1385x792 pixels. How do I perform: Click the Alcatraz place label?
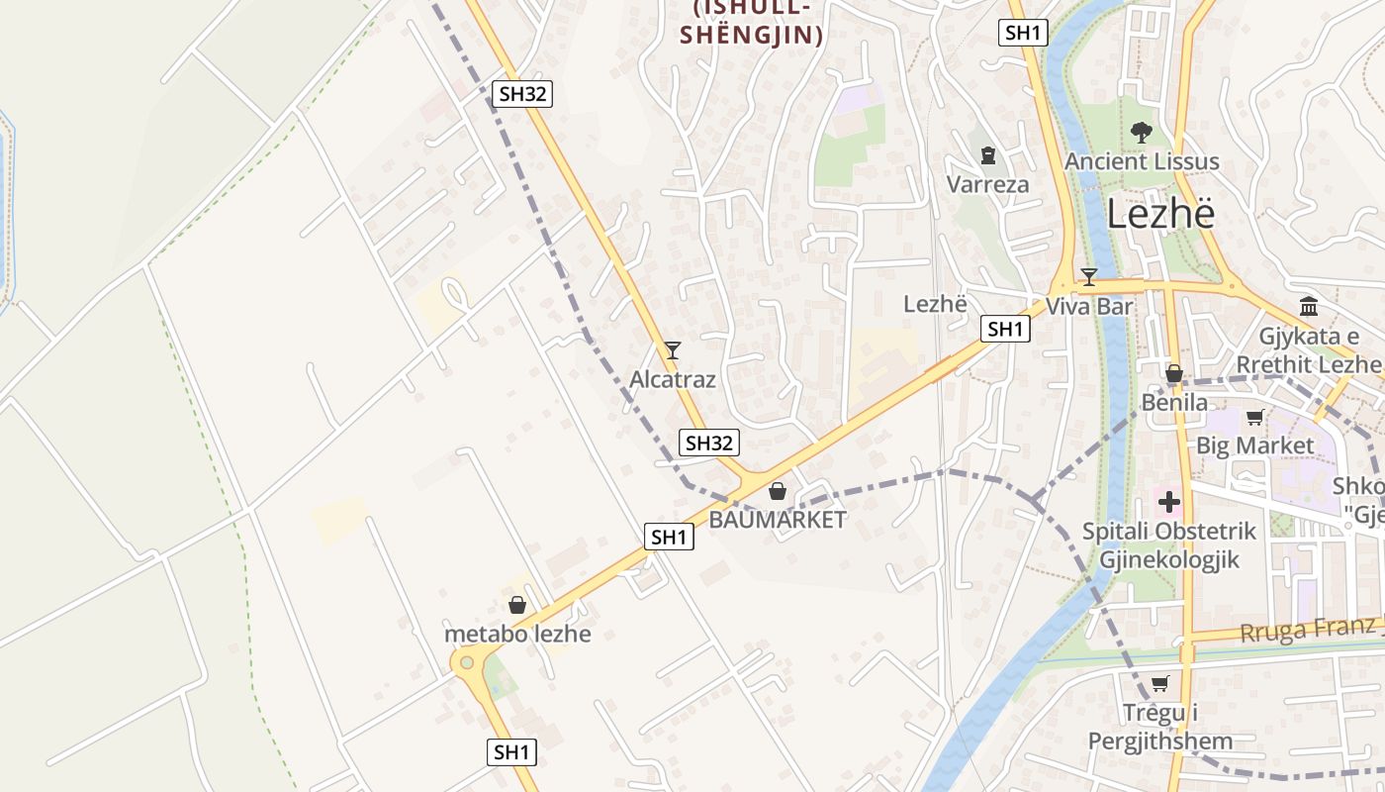[672, 379]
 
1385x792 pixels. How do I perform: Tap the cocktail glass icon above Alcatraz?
[673, 349]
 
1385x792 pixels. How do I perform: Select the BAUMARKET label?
[778, 519]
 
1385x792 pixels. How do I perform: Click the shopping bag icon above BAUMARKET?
[778, 491]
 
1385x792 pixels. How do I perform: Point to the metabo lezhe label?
[517, 634]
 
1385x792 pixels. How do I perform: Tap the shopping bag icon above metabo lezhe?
[516, 605]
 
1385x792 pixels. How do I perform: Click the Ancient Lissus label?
[1142, 161]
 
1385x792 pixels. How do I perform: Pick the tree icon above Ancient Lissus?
[1141, 132]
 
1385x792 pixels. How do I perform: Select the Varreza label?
[987, 184]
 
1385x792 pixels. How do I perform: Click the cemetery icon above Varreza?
[987, 155]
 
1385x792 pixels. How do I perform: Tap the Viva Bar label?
[1089, 306]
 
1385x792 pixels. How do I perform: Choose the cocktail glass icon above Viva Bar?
[1089, 277]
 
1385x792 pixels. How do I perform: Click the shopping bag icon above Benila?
[1174, 374]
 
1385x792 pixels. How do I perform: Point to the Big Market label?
[1255, 445]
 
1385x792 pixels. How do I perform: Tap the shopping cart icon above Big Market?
[1255, 417]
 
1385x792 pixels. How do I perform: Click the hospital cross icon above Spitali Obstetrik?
[1169, 502]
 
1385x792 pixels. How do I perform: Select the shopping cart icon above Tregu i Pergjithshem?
[1160, 683]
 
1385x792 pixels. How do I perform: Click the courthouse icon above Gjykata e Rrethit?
[1309, 306]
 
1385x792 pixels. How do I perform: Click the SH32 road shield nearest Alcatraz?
[708, 443]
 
